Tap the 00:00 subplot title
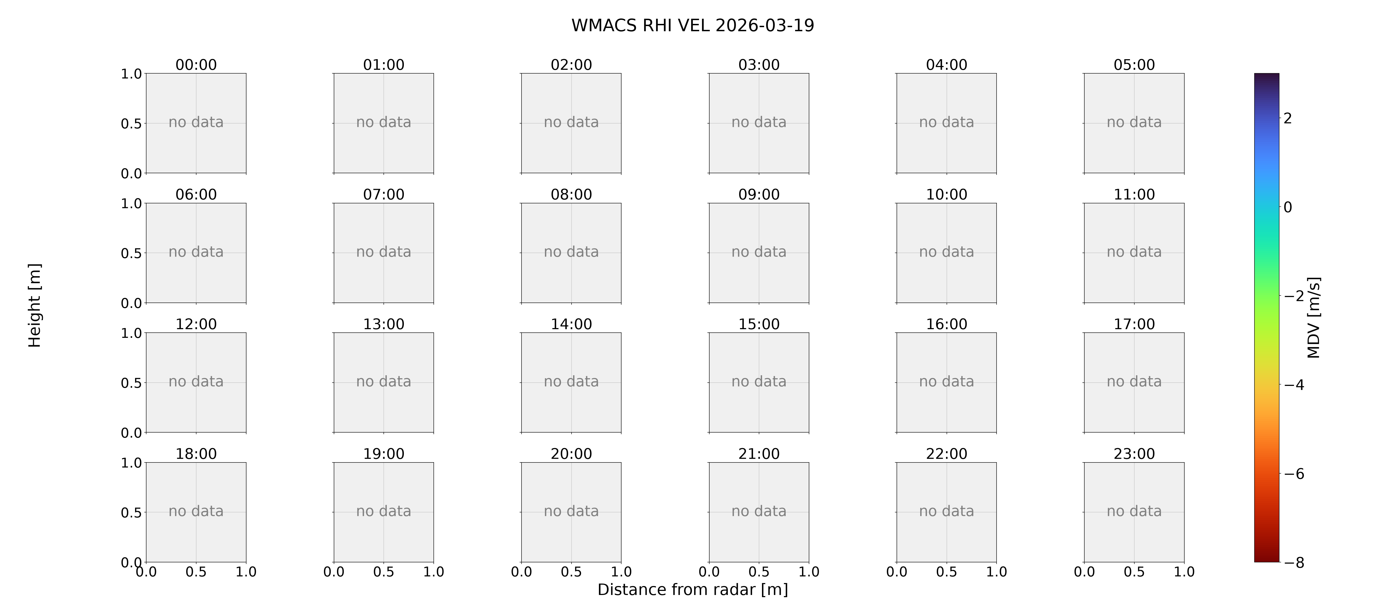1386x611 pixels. coord(196,65)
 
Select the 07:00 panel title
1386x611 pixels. coord(384,194)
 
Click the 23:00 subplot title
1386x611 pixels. coord(1134,453)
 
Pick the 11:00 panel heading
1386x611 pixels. coord(1134,194)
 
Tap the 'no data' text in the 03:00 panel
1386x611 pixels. coord(759,122)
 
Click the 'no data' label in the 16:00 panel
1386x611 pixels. coord(946,381)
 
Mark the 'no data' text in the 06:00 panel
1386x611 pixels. coord(196,252)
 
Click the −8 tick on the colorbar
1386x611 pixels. coord(1294,563)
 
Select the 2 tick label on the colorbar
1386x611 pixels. coord(1288,118)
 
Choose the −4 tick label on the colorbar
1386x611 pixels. coord(1294,385)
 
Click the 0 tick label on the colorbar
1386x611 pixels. coord(1288,207)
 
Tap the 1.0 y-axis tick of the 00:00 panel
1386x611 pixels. coord(131,74)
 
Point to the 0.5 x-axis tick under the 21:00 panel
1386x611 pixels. coord(759,572)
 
